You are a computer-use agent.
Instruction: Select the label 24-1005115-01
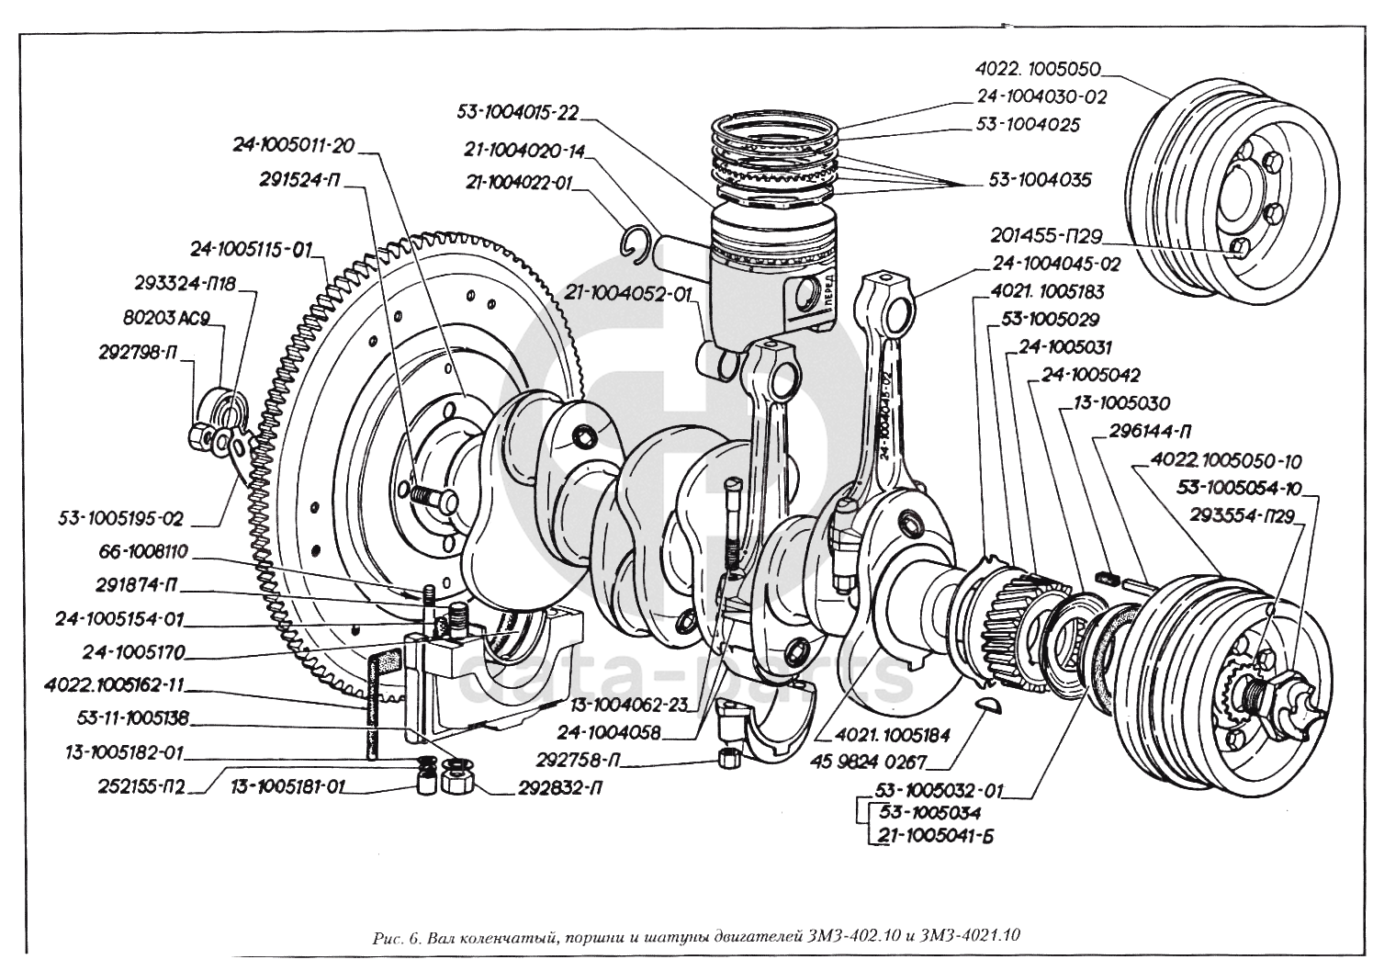point(252,250)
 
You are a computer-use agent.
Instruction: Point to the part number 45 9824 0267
point(869,762)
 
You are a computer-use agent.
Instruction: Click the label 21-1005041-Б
point(936,836)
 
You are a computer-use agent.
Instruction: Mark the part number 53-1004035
point(1040,180)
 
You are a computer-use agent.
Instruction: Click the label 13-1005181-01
point(287,786)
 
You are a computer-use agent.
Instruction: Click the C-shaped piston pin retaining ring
point(636,242)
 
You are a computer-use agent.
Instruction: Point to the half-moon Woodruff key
point(988,705)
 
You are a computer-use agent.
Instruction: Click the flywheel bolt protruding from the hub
point(433,497)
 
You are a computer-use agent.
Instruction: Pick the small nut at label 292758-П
point(726,758)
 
